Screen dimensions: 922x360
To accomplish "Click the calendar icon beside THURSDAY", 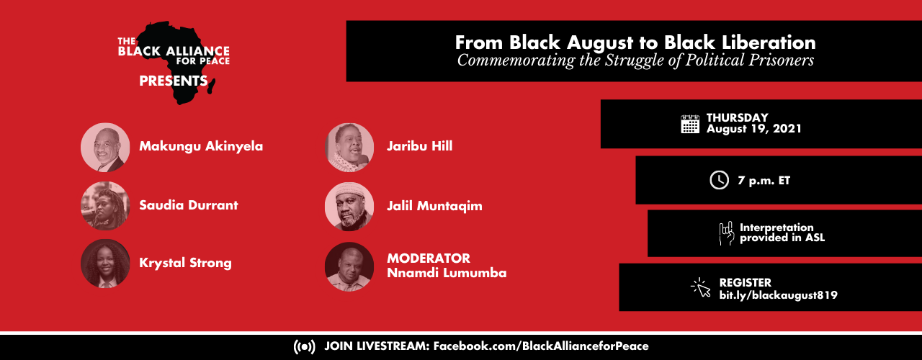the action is click(x=690, y=124).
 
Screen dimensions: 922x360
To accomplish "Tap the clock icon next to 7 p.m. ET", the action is click(x=719, y=180).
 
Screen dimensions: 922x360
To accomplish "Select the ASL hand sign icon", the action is click(x=727, y=233).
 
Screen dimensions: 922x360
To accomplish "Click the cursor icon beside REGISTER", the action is click(x=701, y=288).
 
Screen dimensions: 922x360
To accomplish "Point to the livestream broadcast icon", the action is click(x=304, y=346).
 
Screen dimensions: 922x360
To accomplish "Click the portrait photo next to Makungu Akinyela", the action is click(x=105, y=147).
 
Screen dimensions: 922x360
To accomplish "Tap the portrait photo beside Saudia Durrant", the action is click(x=105, y=206).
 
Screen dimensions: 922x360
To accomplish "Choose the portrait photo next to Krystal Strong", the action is click(x=105, y=264).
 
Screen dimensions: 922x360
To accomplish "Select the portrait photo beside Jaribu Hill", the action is click(x=349, y=148).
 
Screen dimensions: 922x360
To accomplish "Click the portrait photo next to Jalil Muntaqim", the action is click(x=349, y=206).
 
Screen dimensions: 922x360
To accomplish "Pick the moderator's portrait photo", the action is click(x=349, y=266).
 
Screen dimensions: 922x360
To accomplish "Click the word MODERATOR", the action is click(x=429, y=258).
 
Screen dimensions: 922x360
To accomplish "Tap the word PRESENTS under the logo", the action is click(x=174, y=81).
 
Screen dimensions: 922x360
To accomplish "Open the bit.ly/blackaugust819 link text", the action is click(x=778, y=295).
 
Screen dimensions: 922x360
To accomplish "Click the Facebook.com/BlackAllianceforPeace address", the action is click(x=541, y=346).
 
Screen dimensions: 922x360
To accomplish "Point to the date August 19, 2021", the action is click(x=754, y=129).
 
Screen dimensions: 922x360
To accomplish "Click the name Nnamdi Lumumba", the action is click(x=447, y=273).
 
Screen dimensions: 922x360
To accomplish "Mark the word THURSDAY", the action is click(x=737, y=117).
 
